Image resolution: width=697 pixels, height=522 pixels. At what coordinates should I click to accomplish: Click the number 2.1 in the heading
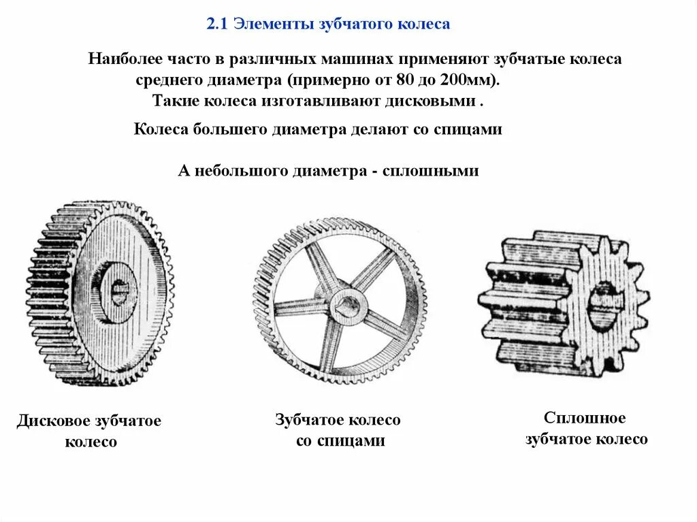tap(216, 25)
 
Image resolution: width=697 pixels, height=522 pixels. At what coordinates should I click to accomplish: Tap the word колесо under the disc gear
tap(91, 442)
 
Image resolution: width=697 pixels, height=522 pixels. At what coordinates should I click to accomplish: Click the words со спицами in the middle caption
tap(340, 441)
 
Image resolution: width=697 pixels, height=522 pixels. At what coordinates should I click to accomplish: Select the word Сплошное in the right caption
tap(585, 418)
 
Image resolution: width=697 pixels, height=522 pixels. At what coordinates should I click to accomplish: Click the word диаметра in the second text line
tap(248, 80)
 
